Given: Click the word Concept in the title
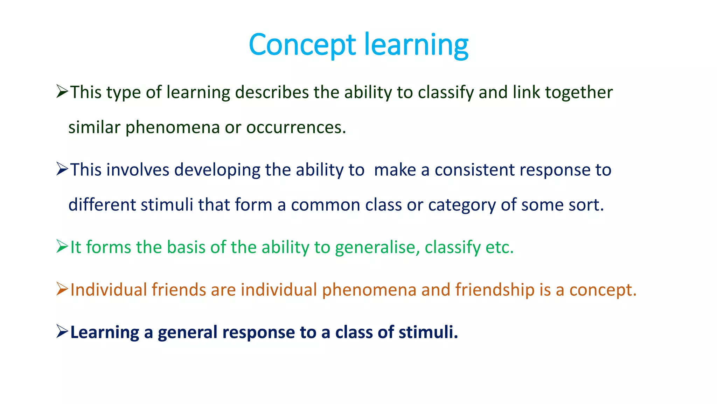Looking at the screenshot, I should pos(302,45).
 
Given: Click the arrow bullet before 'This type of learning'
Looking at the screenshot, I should pos(62,92).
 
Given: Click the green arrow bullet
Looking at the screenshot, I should pos(62,247).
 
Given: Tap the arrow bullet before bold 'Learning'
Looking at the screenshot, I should pos(62,331).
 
